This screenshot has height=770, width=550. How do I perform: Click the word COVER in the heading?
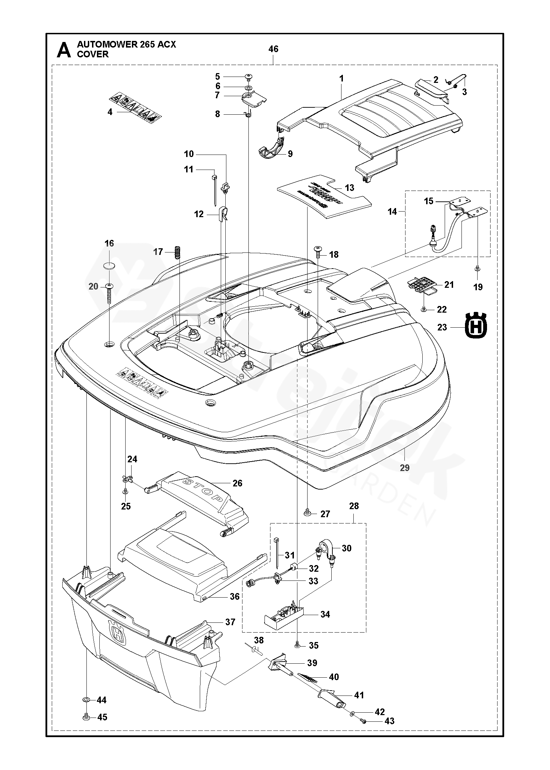[93, 55]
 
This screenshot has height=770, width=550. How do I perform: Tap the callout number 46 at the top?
[273, 49]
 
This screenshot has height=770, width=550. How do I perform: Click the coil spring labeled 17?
[178, 252]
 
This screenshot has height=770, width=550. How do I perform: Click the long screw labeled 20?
[109, 294]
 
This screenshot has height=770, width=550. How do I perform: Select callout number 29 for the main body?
[404, 468]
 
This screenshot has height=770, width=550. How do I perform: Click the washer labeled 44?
[86, 708]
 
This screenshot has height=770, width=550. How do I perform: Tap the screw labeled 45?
[86, 726]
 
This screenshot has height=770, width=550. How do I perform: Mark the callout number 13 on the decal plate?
[349, 187]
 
